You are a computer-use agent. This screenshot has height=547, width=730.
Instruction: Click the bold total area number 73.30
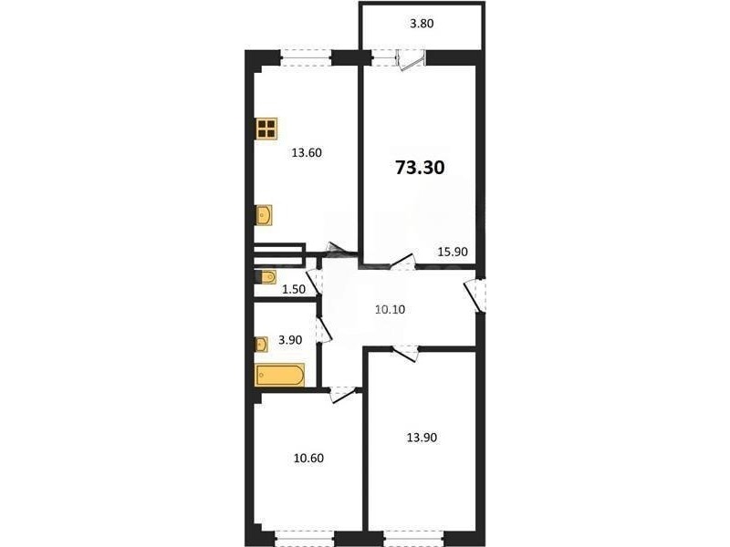point(420,168)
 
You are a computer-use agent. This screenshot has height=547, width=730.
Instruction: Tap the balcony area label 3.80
point(422,24)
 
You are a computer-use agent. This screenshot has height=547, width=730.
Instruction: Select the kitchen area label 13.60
point(307,152)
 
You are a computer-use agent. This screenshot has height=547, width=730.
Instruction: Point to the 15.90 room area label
point(453,252)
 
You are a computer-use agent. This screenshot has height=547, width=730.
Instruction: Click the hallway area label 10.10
point(391,309)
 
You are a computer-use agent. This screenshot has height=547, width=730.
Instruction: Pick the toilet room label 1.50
point(294,289)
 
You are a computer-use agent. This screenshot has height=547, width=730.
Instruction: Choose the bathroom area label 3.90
point(290,340)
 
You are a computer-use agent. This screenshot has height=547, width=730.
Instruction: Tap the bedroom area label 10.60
point(308,459)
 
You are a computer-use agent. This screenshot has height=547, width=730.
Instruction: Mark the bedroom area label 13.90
point(422,438)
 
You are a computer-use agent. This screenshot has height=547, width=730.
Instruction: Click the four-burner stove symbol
point(266,129)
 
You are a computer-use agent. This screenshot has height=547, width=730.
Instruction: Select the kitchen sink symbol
point(264,215)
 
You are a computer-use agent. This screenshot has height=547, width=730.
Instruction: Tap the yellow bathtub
point(280,375)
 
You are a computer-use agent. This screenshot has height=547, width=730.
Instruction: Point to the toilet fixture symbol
point(266,277)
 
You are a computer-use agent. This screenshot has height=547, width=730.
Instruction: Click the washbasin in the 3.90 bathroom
point(261,345)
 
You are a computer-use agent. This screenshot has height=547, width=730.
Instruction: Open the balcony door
point(410,60)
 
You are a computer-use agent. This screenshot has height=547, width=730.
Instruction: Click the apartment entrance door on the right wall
point(474,294)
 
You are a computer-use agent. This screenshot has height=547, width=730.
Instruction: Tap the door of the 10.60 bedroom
point(342,395)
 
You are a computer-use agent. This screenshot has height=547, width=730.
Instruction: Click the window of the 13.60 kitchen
point(306,57)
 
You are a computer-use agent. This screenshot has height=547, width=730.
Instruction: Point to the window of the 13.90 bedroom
point(413,538)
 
